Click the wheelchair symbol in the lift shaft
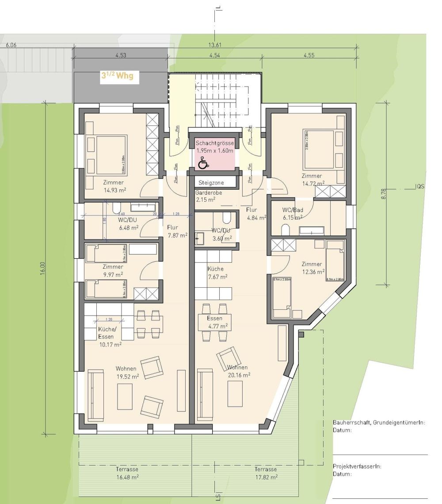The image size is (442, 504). [203, 164]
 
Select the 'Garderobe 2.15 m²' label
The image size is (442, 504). [209, 196]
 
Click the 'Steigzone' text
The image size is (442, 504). [211, 182]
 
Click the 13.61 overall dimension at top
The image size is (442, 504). [215, 45]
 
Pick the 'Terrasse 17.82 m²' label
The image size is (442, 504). [266, 473]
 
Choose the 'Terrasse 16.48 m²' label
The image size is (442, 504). [128, 473]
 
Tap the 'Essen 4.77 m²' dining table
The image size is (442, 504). [217, 322]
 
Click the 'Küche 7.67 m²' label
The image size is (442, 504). [216, 273]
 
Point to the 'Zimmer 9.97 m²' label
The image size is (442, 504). [113, 270]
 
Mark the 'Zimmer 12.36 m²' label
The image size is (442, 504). [312, 267]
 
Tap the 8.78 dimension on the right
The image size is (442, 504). [383, 194]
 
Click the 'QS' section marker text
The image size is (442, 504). [420, 187]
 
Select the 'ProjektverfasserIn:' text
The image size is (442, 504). [357, 466]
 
